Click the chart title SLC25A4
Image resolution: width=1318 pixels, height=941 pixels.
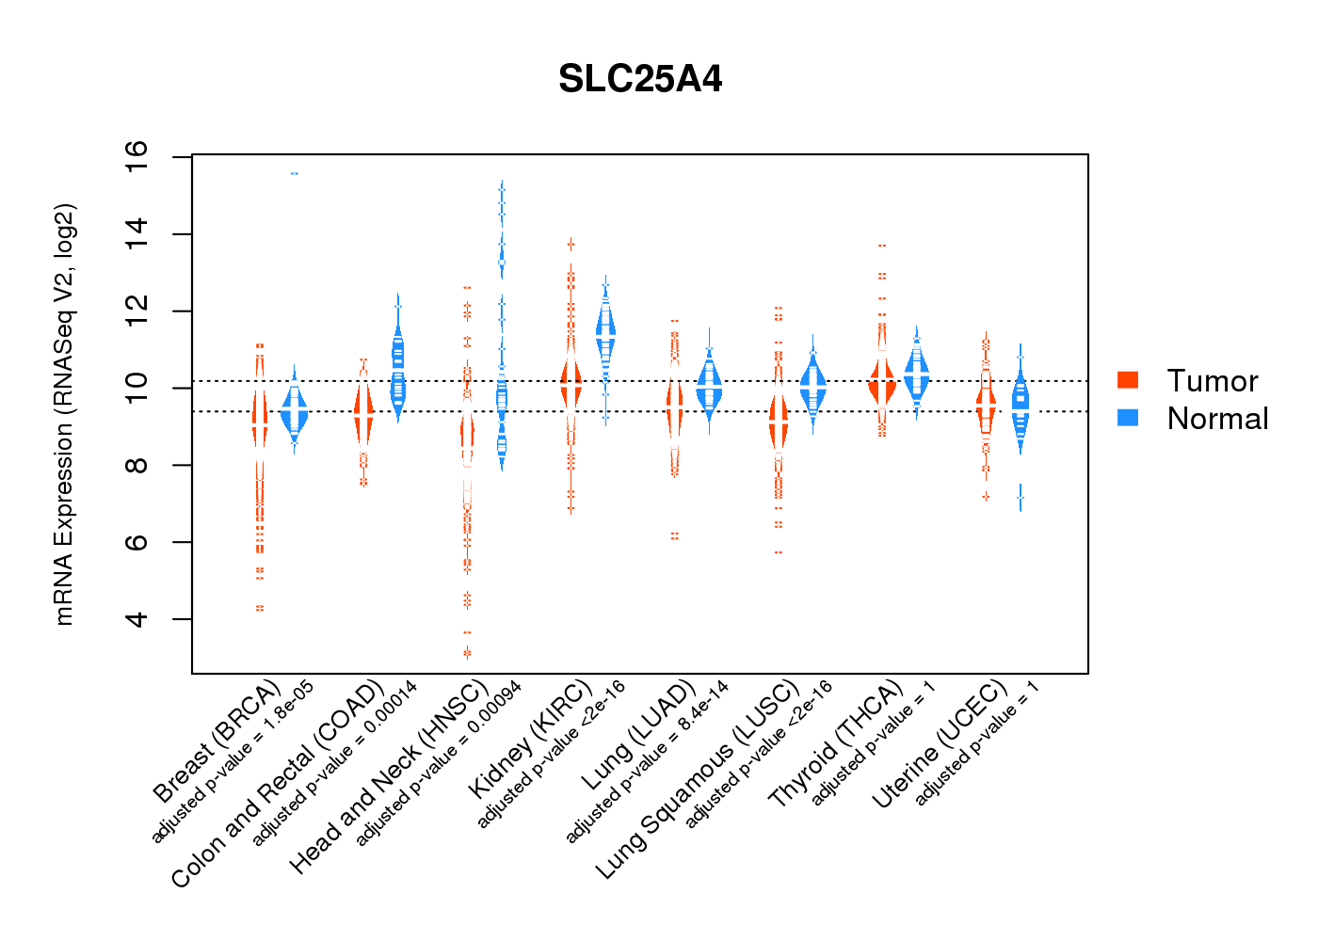(x=640, y=79)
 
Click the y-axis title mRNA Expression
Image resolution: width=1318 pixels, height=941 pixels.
(x=64, y=414)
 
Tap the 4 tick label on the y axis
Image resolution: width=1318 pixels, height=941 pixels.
(x=137, y=619)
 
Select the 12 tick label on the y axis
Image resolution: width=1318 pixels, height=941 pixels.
(x=137, y=311)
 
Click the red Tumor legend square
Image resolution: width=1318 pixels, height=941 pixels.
(x=1128, y=379)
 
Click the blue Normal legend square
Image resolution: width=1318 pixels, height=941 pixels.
(x=1128, y=418)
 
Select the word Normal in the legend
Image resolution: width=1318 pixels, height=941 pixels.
(x=1217, y=419)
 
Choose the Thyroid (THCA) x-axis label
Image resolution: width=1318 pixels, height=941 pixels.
(x=836, y=745)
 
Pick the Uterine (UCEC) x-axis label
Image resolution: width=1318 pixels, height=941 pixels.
(x=940, y=745)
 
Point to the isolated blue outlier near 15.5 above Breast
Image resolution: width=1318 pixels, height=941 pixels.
(x=295, y=173)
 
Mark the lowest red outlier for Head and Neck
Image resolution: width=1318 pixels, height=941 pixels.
(x=467, y=653)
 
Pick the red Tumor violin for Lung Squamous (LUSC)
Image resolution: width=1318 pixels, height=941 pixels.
(x=779, y=423)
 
